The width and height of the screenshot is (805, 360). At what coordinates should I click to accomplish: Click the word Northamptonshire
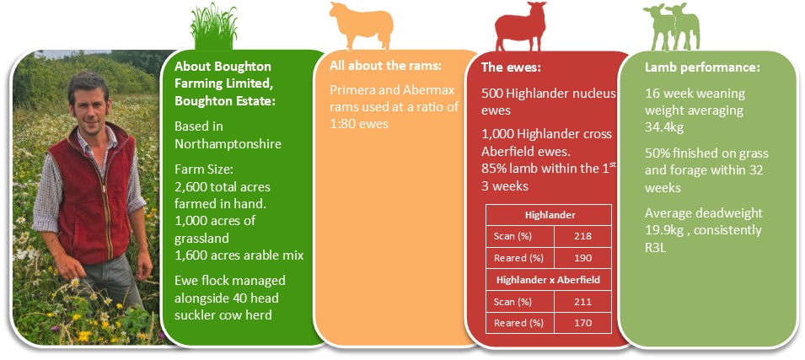pyautogui.click(x=228, y=144)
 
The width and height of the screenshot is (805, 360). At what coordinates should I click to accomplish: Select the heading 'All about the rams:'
pyautogui.click(x=385, y=66)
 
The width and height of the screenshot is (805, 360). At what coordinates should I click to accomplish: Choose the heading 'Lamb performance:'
pyautogui.click(x=702, y=67)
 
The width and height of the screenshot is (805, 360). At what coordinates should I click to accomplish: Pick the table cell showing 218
pyautogui.click(x=583, y=236)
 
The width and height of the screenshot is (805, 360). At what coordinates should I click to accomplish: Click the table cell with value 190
pyautogui.click(x=583, y=258)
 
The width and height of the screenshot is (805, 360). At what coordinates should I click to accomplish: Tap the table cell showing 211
pyautogui.click(x=583, y=302)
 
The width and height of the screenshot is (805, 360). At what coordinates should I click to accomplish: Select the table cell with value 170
pyautogui.click(x=583, y=323)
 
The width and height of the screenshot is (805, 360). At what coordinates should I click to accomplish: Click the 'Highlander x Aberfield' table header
pyautogui.click(x=548, y=281)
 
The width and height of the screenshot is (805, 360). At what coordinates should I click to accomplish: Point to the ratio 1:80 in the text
pyautogui.click(x=343, y=124)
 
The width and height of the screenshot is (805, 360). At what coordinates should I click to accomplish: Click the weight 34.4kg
pyautogui.click(x=664, y=127)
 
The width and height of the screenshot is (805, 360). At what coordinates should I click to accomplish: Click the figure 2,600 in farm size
pyautogui.click(x=190, y=187)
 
